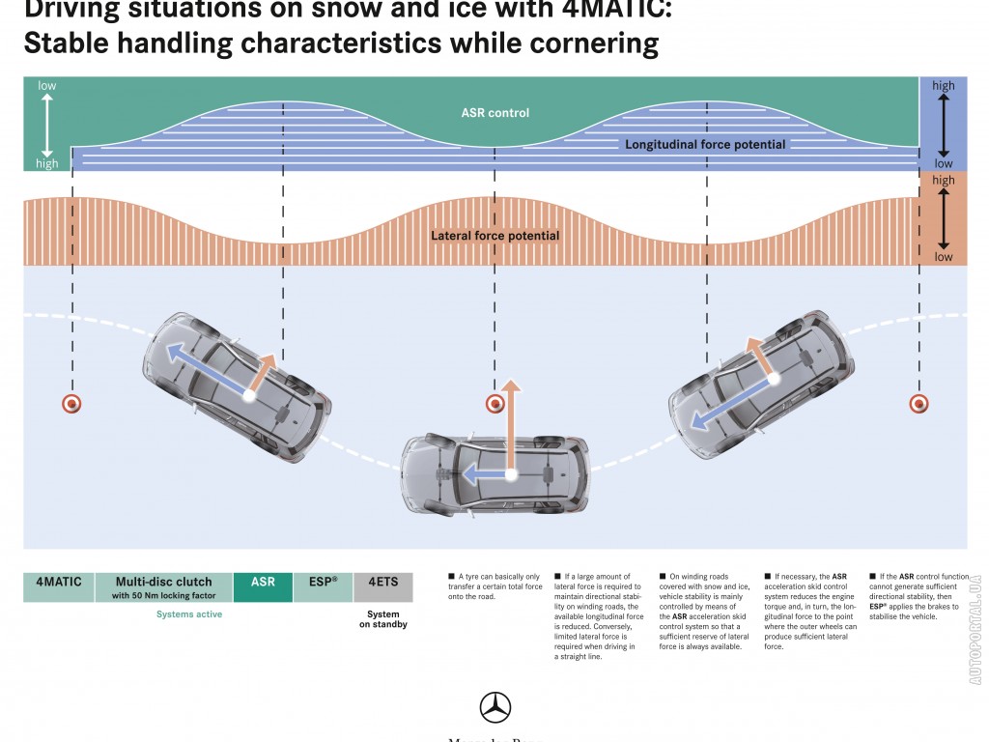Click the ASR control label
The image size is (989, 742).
coord(494,113)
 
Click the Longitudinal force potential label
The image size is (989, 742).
coord(705,145)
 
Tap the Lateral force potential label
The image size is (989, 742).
coord(494,236)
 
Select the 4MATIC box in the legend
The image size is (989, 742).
coord(59,587)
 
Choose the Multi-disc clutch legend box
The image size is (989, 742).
coord(163,587)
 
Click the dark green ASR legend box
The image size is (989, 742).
coord(263,587)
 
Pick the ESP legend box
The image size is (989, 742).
coord(323,587)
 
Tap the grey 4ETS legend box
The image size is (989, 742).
coord(383,587)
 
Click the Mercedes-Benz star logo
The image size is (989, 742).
coord(494,707)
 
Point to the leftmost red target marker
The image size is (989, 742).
coord(71,404)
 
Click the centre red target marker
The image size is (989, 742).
coord(494,404)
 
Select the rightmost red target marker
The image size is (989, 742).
coord(919,404)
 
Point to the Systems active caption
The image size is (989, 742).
coord(188,614)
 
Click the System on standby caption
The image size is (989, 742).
coord(383,619)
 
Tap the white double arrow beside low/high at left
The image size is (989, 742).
coord(46,125)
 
